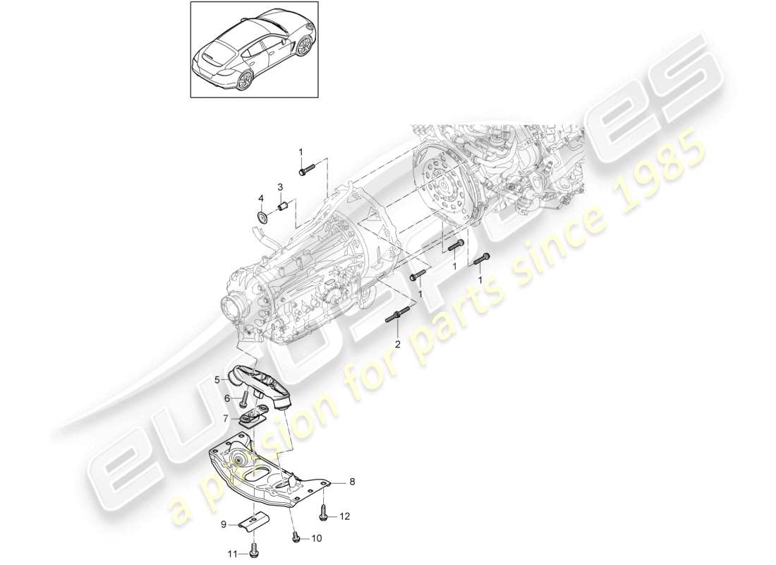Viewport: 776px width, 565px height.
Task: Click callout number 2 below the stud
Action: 397,344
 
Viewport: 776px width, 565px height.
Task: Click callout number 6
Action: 226,398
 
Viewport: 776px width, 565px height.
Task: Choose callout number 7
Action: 226,418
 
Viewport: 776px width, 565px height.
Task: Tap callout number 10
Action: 315,538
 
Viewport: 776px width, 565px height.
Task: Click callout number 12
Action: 345,517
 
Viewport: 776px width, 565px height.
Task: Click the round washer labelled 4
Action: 262,215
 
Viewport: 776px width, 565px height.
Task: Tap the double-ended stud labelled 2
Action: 396,316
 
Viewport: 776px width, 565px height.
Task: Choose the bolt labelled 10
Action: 296,539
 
